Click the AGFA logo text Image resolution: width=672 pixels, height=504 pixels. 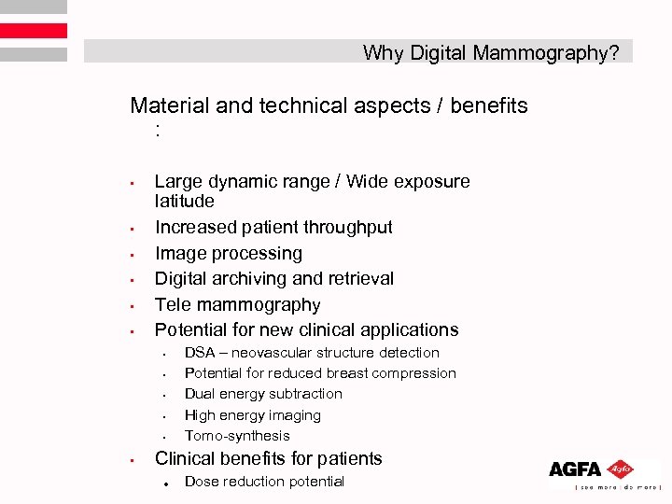576,469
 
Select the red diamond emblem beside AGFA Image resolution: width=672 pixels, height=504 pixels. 620,469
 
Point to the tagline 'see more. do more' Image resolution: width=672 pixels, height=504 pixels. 607,487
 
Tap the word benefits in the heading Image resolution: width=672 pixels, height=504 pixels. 489,105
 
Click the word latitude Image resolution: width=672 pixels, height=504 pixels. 185,201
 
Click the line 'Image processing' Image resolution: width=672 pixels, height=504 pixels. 229,253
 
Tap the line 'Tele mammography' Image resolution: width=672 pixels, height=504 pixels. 237,304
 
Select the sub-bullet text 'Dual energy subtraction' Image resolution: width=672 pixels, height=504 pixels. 263,394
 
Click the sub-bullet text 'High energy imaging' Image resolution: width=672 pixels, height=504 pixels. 253,415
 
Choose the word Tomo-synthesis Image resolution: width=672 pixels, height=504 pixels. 237,436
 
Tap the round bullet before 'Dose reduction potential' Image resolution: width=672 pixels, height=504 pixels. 163,483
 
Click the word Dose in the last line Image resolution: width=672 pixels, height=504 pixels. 201,482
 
